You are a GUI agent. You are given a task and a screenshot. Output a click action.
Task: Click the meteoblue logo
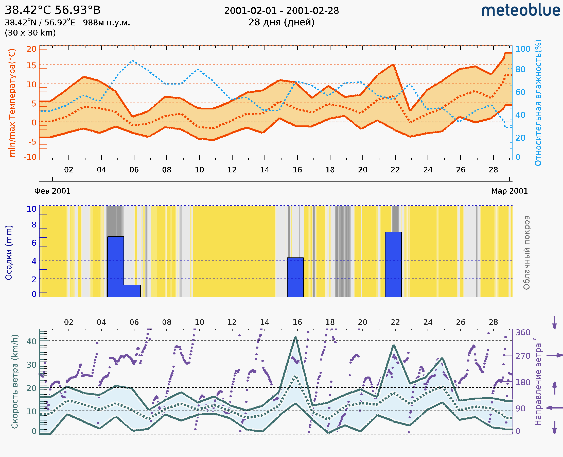pyautogui.click(x=520, y=10)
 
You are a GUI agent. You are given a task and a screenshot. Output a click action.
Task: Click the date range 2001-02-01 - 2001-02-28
pyautogui.click(x=281, y=11)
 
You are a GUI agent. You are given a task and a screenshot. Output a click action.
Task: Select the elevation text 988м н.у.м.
pyautogui.click(x=107, y=23)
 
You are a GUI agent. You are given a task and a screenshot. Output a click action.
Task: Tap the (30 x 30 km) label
pyautogui.click(x=30, y=33)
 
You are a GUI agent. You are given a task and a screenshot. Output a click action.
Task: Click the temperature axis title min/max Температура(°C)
pyautogui.click(x=12, y=103)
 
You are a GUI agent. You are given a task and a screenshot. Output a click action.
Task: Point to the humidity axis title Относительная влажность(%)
pyautogui.click(x=538, y=103)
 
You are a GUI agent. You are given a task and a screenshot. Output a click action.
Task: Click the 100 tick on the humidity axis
pyautogui.click(x=522, y=49)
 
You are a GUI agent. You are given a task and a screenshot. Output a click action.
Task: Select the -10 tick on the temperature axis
pyautogui.click(x=30, y=157)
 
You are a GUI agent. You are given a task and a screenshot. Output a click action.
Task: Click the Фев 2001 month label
pyautogui.click(x=52, y=191)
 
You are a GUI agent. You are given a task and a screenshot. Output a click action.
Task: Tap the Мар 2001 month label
pyautogui.click(x=509, y=191)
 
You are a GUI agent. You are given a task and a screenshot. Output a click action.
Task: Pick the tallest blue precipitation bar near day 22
pyautogui.click(x=393, y=264)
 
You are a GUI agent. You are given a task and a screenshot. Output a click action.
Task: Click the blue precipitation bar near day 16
pyautogui.click(x=295, y=277)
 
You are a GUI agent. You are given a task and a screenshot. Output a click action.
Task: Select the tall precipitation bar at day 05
pyautogui.click(x=116, y=266)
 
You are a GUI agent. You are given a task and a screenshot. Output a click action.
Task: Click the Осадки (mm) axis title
pyautogui.click(x=9, y=253)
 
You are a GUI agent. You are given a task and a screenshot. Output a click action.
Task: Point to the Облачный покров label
pyautogui.click(x=526, y=253)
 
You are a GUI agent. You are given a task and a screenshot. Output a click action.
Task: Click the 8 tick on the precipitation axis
pyautogui.click(x=34, y=224)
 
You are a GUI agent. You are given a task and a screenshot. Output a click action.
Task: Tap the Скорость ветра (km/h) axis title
pyautogui.click(x=15, y=381)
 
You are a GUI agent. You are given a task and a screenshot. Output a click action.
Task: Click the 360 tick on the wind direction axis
pyautogui.click(x=523, y=333)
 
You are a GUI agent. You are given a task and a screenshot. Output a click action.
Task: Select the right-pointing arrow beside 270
pyautogui.click(x=554, y=355)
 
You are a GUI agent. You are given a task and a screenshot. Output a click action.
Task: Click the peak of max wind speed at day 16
pyautogui.click(x=295, y=337)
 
